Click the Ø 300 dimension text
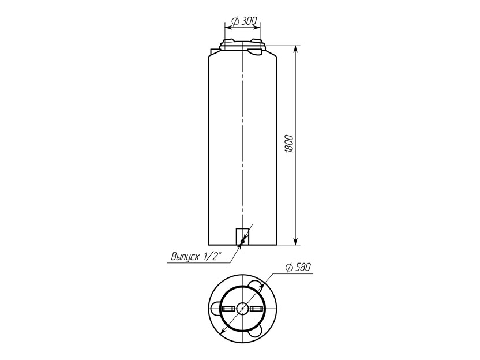[245, 21]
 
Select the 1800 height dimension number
[290, 144]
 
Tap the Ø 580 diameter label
[298, 268]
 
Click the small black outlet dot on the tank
[242, 242]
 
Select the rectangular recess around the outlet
[242, 237]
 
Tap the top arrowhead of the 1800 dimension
[296, 49]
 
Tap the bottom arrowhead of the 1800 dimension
[296, 241]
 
